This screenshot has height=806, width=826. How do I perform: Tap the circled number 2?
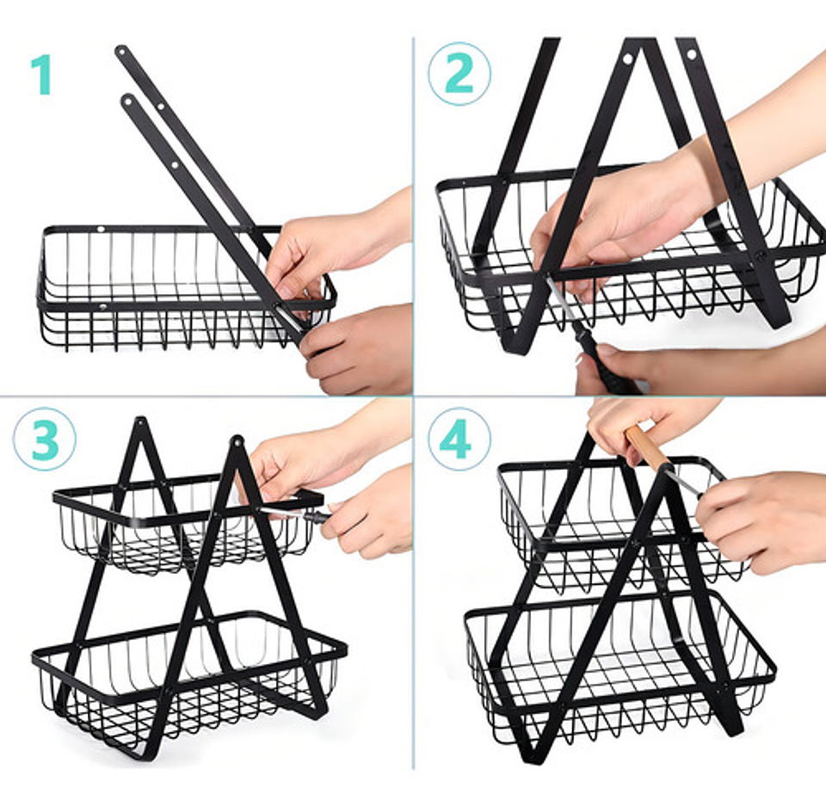click(459, 74)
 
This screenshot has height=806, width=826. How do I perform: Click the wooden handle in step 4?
click(646, 447)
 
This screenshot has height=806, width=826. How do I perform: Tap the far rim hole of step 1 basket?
click(101, 231)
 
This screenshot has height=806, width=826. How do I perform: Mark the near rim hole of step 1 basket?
click(103, 306)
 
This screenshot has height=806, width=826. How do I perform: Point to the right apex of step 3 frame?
click(237, 442)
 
